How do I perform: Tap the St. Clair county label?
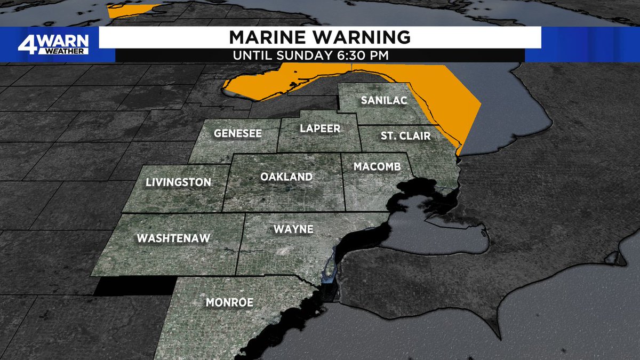point(405,136)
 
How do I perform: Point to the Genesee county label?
point(238,133)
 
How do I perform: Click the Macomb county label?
point(377,167)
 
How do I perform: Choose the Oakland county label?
point(286,177)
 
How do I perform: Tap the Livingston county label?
point(178,182)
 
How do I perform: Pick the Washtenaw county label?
point(174,238)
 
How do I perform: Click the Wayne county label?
point(293,230)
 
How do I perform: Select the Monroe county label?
point(229,302)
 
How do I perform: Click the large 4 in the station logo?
point(25,44)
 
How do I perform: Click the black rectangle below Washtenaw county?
point(133,286)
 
